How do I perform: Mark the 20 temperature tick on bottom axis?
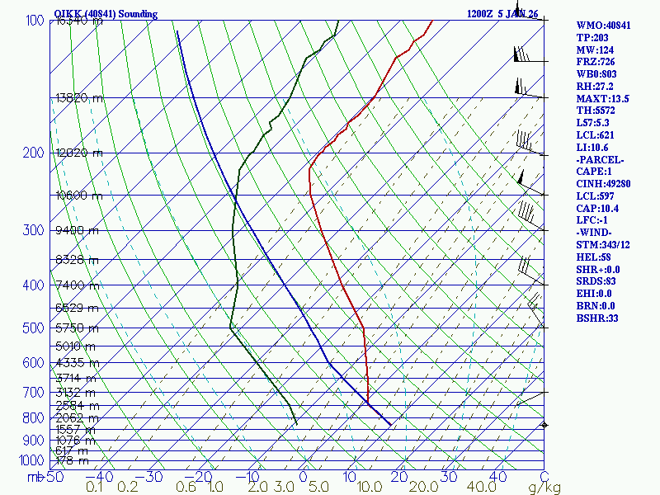point(399,477)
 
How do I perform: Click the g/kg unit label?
point(544,488)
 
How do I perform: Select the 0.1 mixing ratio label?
point(95,488)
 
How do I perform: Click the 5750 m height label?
point(75,328)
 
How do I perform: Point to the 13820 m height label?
point(80,97)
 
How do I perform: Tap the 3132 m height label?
point(75,392)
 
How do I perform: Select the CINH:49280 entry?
point(604,183)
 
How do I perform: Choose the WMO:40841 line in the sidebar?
point(603,26)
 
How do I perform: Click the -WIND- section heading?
point(596,232)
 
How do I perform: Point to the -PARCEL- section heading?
point(601,159)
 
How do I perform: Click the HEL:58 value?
point(592,257)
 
